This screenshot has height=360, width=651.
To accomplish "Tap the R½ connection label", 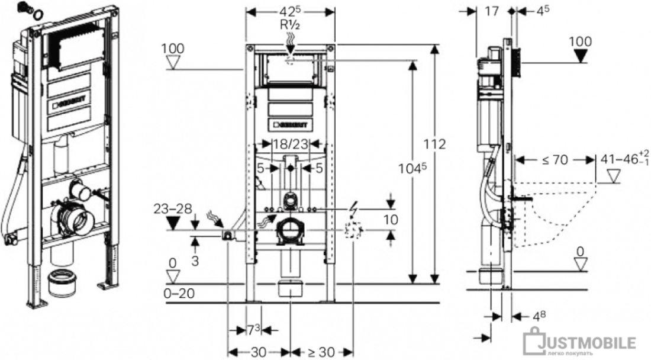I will click(289, 24).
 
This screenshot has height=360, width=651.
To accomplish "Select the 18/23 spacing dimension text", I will click(289, 143).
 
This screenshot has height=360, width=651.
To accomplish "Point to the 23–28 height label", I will click(172, 208).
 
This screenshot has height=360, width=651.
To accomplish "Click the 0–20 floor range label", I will click(178, 293).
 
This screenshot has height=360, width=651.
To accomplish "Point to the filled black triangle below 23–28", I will click(172, 223).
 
